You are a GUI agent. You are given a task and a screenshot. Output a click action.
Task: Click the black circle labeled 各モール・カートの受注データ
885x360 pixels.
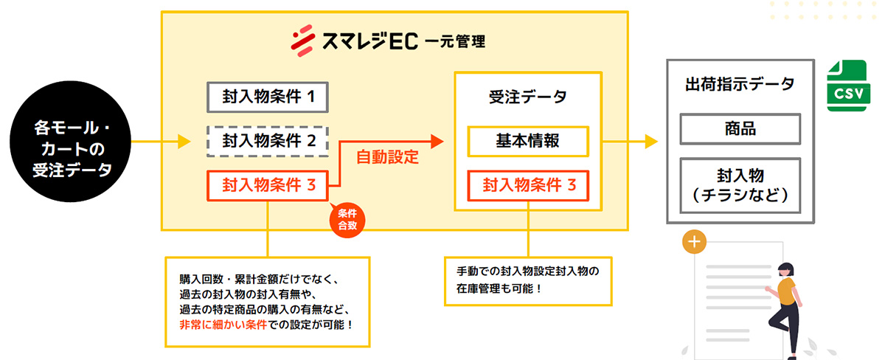[x=72, y=139]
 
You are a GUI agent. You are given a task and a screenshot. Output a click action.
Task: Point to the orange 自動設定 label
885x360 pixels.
[x=387, y=157]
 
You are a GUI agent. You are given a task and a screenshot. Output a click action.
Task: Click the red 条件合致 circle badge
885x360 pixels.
[x=347, y=219]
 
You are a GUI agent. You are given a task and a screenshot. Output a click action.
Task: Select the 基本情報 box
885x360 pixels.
[x=527, y=141]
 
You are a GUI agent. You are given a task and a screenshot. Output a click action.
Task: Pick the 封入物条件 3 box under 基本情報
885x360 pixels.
[x=527, y=186]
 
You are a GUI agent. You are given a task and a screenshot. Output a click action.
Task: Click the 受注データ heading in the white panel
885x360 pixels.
[x=527, y=97]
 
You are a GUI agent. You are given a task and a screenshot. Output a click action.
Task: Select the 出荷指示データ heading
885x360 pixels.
[x=740, y=84]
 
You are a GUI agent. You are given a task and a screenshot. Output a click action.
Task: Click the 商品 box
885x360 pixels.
[x=740, y=129]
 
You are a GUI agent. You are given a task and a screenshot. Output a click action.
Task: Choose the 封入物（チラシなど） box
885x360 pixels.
[x=740, y=185]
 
